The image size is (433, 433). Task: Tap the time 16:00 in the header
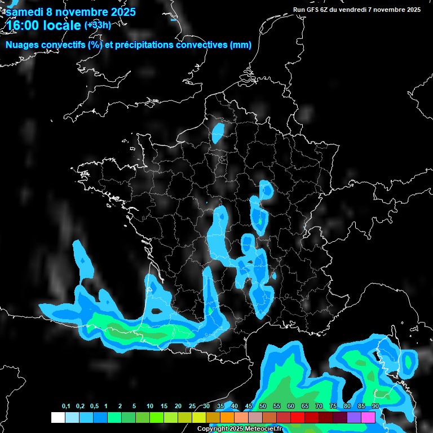tap(23, 25)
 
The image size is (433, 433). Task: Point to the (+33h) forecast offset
tap(98, 24)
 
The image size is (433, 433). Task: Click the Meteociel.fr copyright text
tap(248, 429)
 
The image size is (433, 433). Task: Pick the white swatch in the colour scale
tap(58, 417)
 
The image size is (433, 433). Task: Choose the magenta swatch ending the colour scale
tap(368, 417)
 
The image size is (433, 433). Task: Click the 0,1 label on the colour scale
tap(66, 407)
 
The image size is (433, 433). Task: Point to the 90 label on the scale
tap(375, 407)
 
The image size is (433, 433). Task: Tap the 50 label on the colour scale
tap(263, 407)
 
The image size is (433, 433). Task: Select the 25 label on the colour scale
tap(192, 407)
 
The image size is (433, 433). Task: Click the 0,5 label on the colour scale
tap(94, 407)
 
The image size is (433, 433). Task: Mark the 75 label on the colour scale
tap(333, 407)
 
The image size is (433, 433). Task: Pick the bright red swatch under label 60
tap(297, 417)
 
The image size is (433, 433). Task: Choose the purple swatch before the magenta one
tap(354, 417)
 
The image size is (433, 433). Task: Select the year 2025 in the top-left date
tap(119, 11)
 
